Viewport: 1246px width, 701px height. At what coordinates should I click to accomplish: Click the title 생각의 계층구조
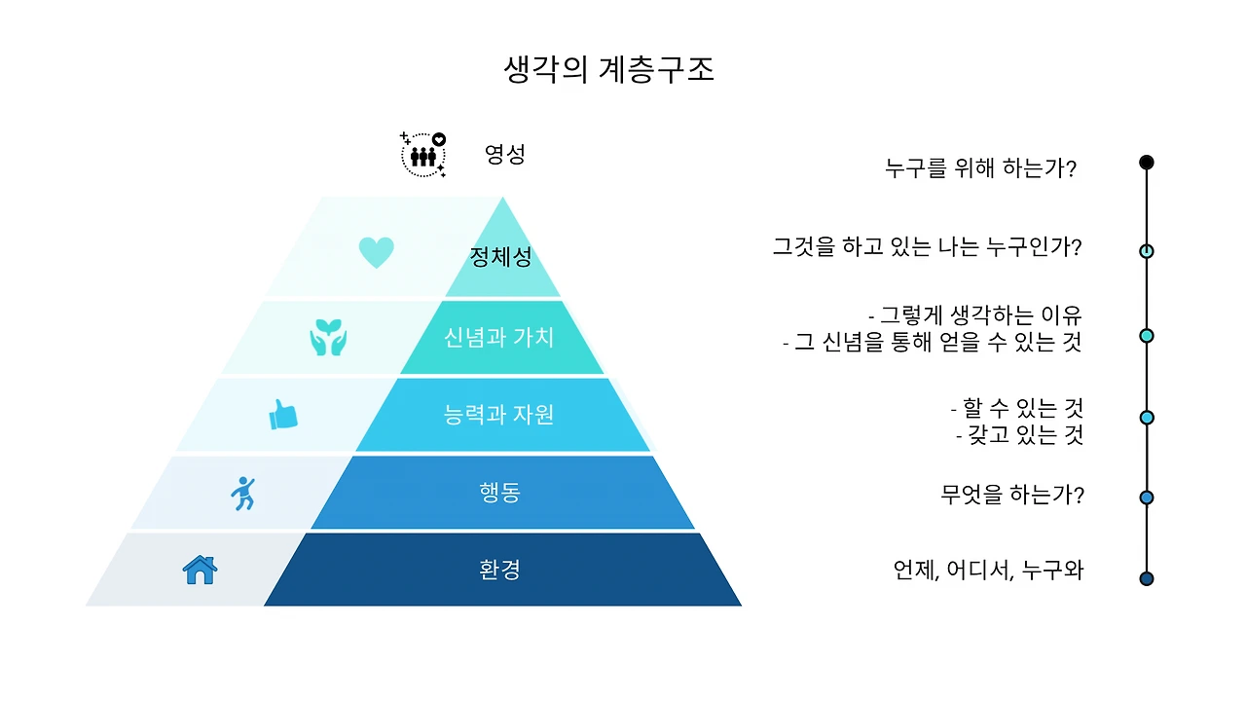609,70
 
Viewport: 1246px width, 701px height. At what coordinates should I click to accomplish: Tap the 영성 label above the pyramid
505,154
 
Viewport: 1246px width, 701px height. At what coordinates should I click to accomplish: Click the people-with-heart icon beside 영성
423,155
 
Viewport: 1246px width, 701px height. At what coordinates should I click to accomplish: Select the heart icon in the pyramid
376,252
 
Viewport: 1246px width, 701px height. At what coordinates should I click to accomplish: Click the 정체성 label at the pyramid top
500,258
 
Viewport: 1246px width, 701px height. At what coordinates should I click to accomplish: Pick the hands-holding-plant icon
328,337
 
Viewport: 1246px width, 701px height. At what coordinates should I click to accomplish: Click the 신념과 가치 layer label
498,338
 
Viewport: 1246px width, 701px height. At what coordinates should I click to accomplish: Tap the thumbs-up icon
282,415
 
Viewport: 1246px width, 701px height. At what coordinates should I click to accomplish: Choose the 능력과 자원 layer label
498,415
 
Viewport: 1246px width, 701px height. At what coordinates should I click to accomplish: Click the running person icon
242,493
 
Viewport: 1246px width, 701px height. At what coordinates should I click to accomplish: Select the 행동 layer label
500,493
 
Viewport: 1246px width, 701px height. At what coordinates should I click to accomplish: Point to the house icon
200,570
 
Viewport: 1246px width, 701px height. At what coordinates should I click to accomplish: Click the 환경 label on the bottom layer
500,570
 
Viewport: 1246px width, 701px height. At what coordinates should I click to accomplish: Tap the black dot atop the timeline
1147,163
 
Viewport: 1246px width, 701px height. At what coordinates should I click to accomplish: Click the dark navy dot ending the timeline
1147,579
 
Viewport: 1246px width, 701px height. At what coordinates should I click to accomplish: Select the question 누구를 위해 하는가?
980,168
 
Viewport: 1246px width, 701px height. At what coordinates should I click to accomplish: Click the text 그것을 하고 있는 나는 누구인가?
927,247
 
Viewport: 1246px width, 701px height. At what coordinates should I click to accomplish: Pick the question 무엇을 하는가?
1012,496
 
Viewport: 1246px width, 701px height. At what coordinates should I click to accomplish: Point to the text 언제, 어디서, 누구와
988,571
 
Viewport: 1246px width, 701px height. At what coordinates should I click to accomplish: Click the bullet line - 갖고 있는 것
1019,435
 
